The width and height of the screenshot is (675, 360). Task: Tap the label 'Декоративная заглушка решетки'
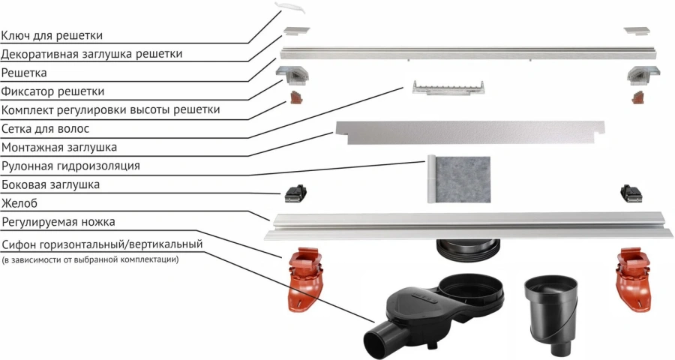click(x=91, y=54)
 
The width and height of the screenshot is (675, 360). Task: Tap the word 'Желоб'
click(x=19, y=203)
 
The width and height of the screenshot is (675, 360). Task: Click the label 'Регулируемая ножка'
click(x=63, y=222)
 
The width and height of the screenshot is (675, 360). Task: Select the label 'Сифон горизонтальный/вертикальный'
click(x=102, y=244)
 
